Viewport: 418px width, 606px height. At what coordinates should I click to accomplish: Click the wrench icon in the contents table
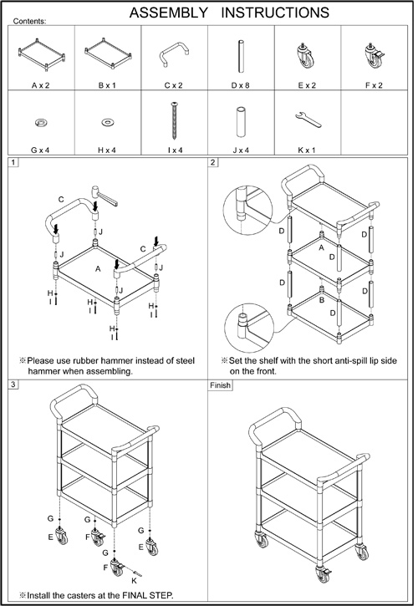[308, 120]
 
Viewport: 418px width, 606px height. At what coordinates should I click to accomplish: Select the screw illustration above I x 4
[175, 121]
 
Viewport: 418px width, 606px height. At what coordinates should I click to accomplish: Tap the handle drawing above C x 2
[174, 53]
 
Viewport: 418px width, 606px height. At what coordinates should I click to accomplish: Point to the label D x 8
[241, 85]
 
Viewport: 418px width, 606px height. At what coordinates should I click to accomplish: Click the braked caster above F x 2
[374, 56]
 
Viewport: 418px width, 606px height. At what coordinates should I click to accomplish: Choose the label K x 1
[307, 150]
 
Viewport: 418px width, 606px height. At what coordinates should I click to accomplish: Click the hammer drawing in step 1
[104, 196]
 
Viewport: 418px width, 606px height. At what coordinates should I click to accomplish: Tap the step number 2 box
[212, 162]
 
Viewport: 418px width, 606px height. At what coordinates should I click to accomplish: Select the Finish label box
[220, 385]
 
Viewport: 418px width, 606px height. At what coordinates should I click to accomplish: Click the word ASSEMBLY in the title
[169, 13]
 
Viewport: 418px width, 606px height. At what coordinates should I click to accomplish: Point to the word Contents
[29, 21]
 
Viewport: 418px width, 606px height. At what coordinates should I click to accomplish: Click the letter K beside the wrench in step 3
[134, 580]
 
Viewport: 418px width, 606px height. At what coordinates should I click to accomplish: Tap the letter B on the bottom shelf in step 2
[321, 300]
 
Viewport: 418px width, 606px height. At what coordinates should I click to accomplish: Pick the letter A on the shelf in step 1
[98, 268]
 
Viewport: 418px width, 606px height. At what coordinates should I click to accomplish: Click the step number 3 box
[13, 384]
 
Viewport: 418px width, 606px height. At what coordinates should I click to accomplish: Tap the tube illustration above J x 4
[241, 121]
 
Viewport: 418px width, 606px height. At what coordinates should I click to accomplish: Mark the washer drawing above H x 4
[107, 123]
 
